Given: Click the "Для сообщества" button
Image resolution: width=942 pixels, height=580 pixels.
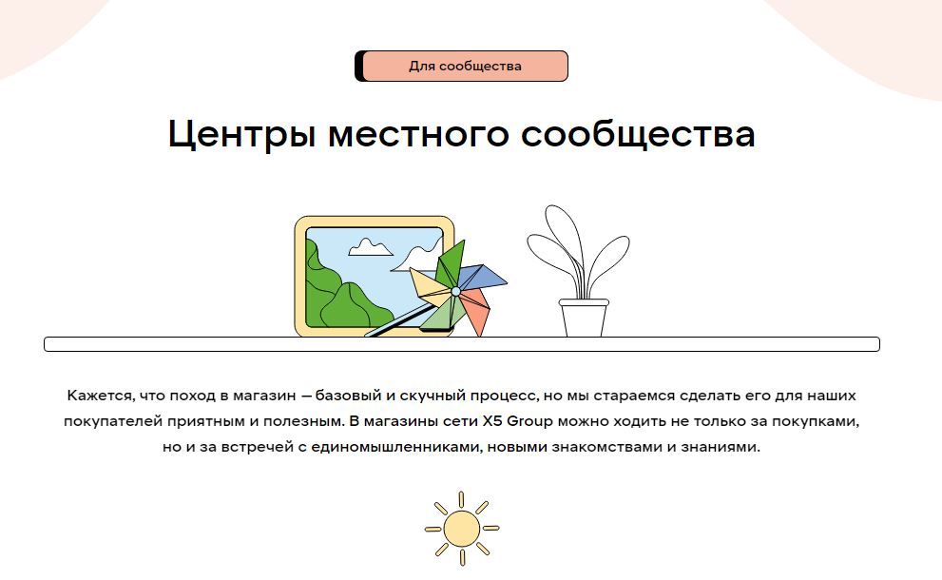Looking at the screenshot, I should (465, 67).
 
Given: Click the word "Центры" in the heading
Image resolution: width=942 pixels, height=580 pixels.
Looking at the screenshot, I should (241, 134).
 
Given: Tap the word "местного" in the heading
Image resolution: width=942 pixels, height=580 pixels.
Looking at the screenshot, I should (418, 134).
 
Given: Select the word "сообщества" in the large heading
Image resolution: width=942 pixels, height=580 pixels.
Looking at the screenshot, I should (638, 134).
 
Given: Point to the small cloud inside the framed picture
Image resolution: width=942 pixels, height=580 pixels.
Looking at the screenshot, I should (371, 247).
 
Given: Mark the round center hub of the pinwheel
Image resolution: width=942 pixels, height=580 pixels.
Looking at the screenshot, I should (453, 289).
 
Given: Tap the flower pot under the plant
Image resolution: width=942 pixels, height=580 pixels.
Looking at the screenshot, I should (583, 319).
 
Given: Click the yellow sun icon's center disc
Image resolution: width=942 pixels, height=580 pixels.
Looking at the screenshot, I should (462, 528).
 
